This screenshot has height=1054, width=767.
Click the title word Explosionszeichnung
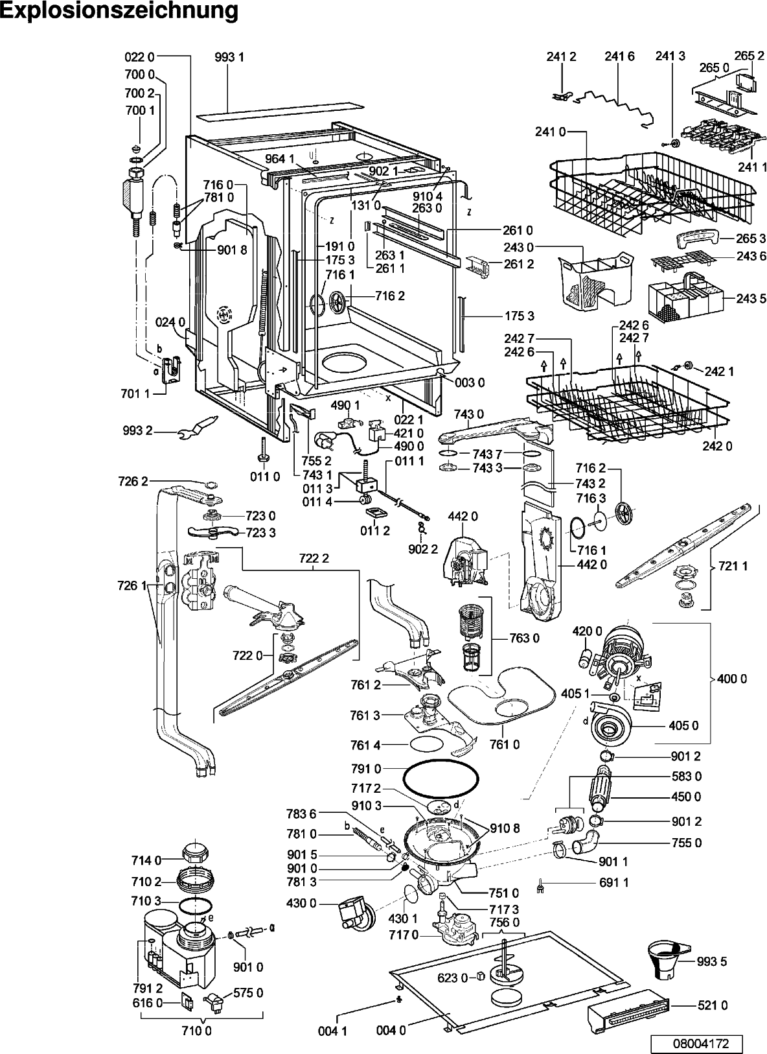[x=119, y=10]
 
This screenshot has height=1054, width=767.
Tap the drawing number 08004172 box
[x=697, y=1043]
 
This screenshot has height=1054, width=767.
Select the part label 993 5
[x=711, y=962]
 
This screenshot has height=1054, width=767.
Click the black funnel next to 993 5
[x=667, y=961]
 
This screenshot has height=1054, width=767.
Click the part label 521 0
[x=712, y=1005]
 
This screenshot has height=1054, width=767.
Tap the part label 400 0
[x=732, y=679]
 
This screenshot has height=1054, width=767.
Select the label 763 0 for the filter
[x=524, y=638]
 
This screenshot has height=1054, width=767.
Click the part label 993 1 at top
[x=229, y=57]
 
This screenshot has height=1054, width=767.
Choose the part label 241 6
[x=619, y=56]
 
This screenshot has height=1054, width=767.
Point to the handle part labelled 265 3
[x=698, y=239]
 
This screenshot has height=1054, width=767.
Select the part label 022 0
[x=139, y=57]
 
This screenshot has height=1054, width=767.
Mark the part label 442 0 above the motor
[x=463, y=516]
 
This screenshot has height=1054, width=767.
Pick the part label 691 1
[x=613, y=882]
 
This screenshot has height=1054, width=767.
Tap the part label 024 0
[x=170, y=322]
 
